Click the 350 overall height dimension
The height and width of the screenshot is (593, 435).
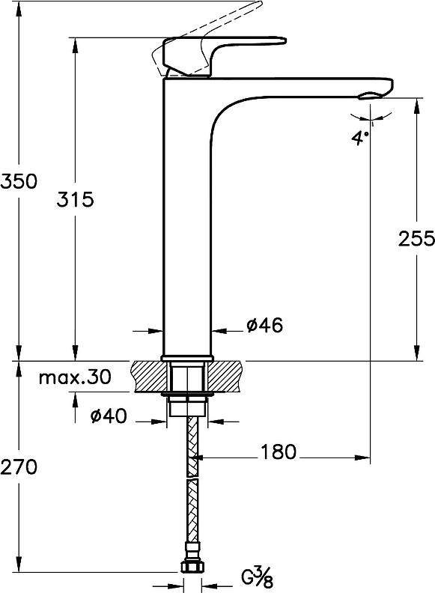pyautogui.click(x=19, y=181)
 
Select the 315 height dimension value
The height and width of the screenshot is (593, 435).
pyautogui.click(x=75, y=199)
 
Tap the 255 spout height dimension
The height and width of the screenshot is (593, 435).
pyautogui.click(x=416, y=239)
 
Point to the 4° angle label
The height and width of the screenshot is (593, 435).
pyautogui.click(x=359, y=138)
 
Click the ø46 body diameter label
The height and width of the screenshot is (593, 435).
pyautogui.click(x=265, y=325)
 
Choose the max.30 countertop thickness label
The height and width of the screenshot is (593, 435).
pyautogui.click(x=76, y=377)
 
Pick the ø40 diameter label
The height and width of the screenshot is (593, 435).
pyautogui.click(x=108, y=416)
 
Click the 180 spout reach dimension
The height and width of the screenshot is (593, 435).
pyautogui.click(x=279, y=451)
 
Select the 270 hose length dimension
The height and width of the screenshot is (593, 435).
pyautogui.click(x=19, y=466)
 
